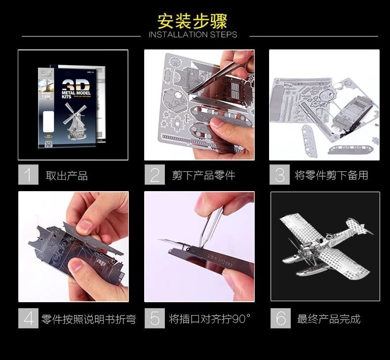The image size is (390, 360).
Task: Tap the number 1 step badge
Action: coord(28,175)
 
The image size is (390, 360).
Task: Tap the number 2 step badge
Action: coord(155,175)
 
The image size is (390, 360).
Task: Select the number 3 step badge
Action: coord(280,175)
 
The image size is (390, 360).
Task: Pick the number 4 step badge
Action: coord(28,319)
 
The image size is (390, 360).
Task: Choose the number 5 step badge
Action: coord(155,319)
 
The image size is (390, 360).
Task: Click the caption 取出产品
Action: coord(66,175)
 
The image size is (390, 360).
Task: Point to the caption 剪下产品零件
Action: coord(203,175)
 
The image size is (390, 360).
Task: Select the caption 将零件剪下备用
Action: coord(331,175)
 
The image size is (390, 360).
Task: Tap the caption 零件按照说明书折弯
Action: coord(88,319)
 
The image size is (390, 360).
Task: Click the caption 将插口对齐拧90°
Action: coord(209,319)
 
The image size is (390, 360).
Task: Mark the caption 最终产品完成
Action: coord(328,319)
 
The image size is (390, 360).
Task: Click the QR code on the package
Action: coord(48,144)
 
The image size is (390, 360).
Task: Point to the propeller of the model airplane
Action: coord(291,247)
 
